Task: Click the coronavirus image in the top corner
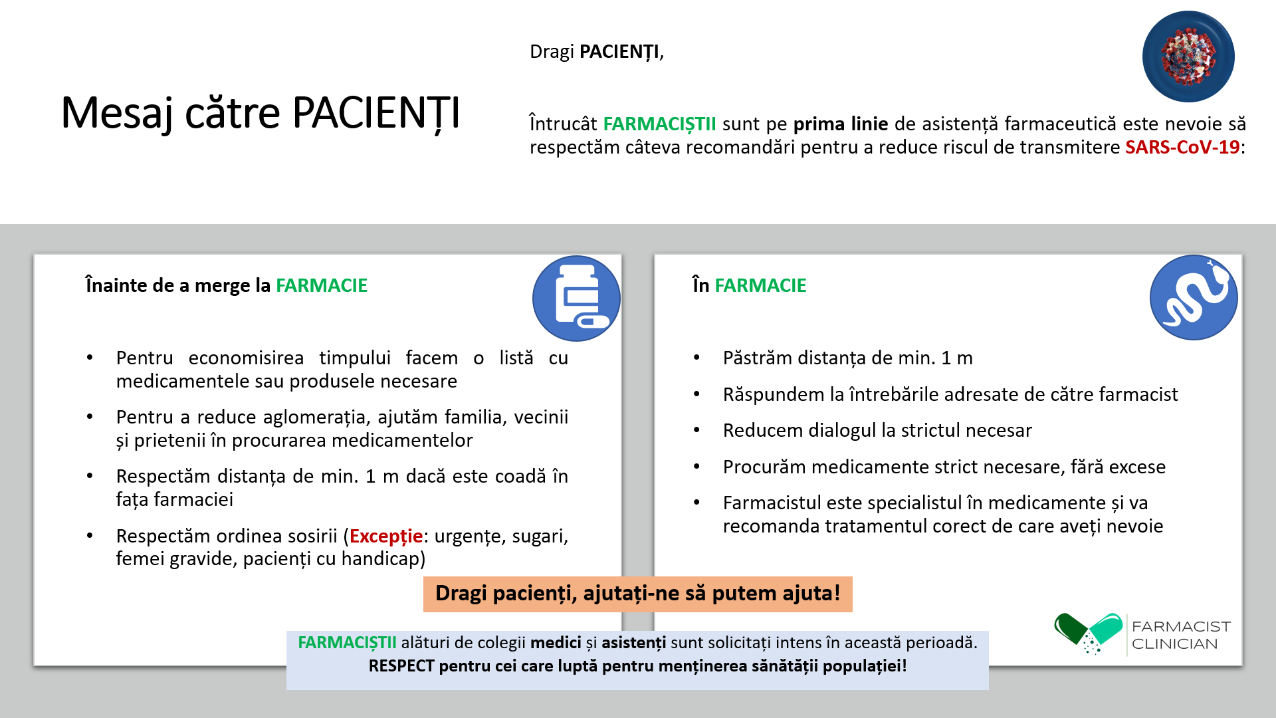1188,57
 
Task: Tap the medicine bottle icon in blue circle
576,299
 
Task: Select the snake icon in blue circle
1194,297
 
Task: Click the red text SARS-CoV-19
1182,147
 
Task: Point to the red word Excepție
386,536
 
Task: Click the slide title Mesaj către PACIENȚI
261,113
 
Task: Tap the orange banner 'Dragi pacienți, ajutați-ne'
638,594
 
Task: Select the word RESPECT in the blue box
401,666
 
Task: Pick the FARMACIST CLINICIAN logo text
1181,635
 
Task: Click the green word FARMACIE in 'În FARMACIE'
760,285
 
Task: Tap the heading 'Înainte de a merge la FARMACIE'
226,285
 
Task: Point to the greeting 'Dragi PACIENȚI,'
597,52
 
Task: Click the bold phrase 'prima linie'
841,124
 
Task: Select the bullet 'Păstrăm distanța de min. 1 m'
848,358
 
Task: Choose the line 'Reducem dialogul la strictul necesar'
877,430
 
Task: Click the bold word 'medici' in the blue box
556,643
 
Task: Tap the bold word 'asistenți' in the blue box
633,643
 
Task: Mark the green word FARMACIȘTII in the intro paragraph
659,124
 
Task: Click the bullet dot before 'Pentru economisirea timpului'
90,358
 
